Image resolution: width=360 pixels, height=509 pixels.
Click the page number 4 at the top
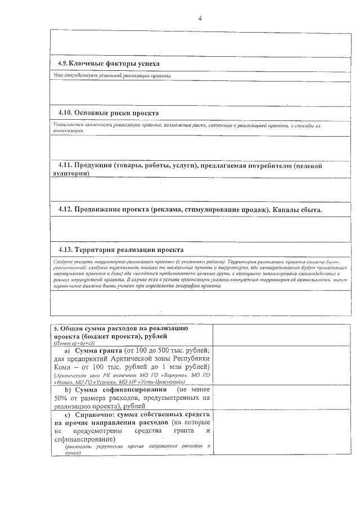point(200,19)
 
